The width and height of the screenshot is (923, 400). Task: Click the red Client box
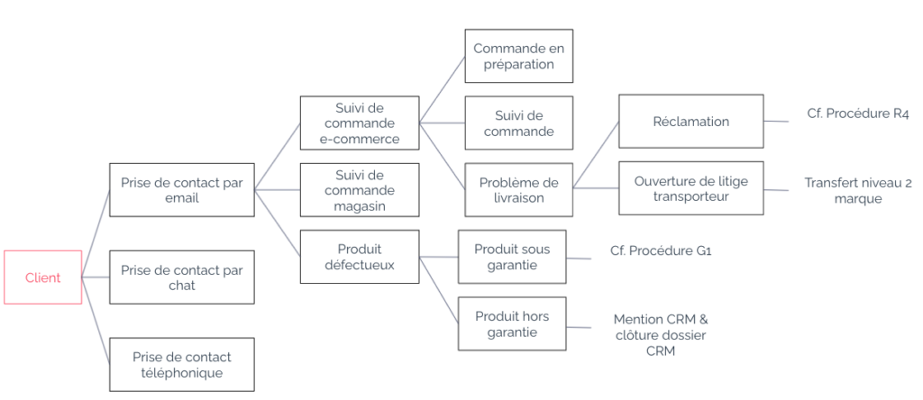42,277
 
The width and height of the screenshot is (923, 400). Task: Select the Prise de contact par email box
181,190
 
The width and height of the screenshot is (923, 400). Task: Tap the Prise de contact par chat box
181,277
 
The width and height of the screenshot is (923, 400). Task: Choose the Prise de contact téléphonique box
181,364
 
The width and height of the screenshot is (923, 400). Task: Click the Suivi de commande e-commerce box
359,123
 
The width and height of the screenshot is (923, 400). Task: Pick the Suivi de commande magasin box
359,190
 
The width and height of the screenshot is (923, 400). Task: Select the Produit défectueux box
359,257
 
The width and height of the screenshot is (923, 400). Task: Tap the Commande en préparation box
518,56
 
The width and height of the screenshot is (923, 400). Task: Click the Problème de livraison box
518,189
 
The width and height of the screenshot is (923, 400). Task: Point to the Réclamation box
690,122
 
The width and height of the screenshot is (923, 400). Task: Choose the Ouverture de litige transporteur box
690,188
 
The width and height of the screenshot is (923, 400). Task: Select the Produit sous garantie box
511,257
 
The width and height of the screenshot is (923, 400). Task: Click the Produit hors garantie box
511,323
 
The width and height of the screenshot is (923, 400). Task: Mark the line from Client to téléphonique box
96,321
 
